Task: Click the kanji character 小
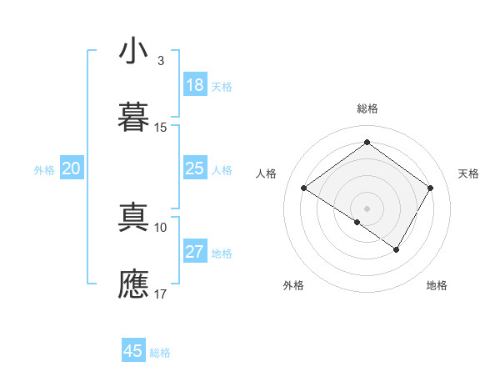click(133, 51)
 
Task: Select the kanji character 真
click(133, 218)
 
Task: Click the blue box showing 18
click(195, 85)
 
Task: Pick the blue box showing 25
click(195, 168)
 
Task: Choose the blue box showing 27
click(195, 252)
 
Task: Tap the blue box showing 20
click(72, 168)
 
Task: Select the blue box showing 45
click(133, 351)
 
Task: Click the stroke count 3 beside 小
click(161, 61)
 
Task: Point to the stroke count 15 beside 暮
click(161, 128)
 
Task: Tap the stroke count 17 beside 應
click(161, 294)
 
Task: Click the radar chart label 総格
click(367, 108)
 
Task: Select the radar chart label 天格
click(468, 173)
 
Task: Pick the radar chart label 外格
click(293, 285)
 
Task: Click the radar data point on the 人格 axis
click(304, 188)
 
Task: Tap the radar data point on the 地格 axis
click(397, 249)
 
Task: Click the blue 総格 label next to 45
click(160, 353)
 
